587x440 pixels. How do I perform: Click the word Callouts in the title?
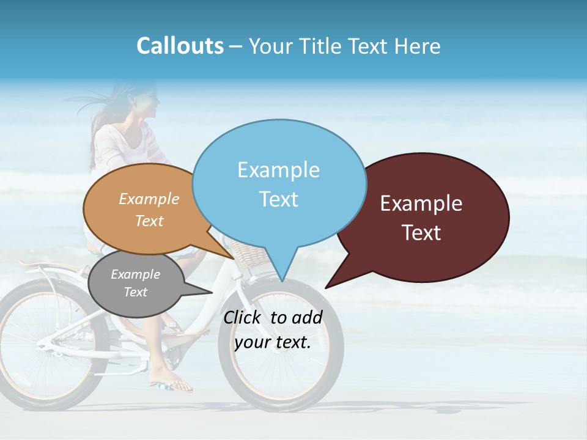[x=180, y=46]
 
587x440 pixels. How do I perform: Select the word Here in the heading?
[x=417, y=46]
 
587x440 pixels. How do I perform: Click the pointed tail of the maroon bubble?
[x=333, y=281]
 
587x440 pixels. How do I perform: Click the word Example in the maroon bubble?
[x=421, y=204]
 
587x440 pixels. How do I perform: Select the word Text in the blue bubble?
[x=279, y=199]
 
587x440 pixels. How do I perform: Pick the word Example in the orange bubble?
[x=149, y=199]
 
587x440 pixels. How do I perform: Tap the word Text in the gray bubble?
[x=136, y=292]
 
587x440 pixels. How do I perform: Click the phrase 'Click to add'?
[x=273, y=317]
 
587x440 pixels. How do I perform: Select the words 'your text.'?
[x=273, y=342]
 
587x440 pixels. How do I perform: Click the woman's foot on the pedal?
[x=173, y=383]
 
